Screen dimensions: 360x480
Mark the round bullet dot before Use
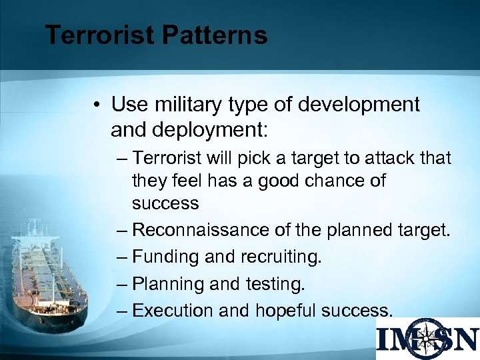click(97, 105)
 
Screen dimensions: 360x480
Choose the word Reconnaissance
click(201, 230)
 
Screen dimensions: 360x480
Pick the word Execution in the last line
click(172, 311)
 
